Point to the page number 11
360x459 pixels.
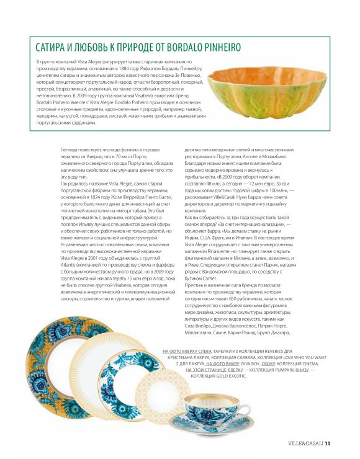click(328, 443)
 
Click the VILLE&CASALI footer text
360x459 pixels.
click(305, 443)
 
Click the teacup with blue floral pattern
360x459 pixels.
click(208, 403)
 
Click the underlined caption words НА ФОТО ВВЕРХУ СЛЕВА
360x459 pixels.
click(190, 350)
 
